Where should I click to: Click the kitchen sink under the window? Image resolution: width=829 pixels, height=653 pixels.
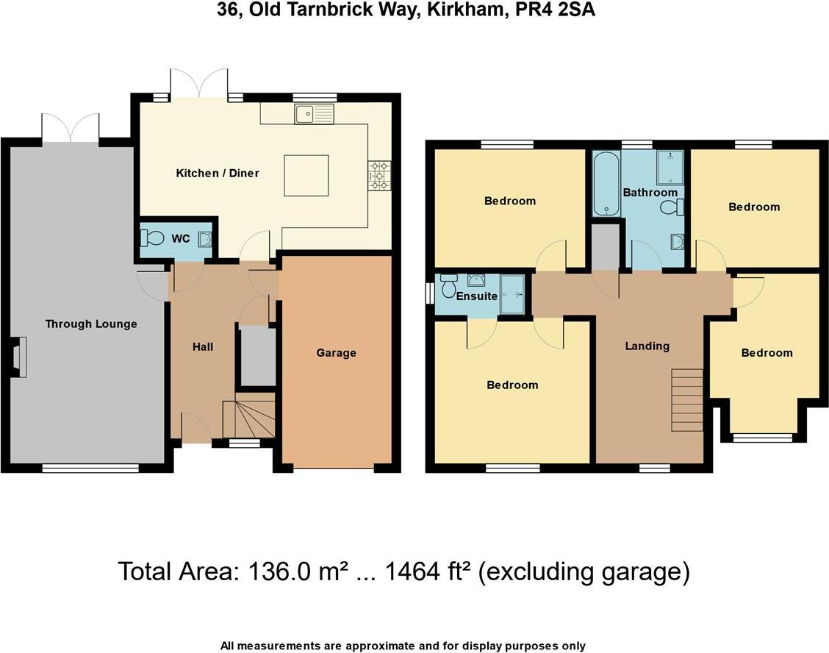314,114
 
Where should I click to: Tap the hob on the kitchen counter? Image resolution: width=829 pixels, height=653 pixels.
381,176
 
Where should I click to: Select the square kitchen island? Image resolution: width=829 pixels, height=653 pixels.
306,176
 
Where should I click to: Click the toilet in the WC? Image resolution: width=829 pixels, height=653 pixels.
154,238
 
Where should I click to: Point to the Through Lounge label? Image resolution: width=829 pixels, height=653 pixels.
91,324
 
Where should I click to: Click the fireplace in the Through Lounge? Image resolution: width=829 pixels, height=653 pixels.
18,357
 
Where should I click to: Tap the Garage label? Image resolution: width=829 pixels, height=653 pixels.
336,353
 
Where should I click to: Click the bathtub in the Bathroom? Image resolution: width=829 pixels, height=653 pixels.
606,184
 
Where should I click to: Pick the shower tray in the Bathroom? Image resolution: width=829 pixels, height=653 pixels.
670,167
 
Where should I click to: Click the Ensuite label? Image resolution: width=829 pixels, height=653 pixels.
476,296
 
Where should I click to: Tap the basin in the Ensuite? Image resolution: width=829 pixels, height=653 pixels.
476,279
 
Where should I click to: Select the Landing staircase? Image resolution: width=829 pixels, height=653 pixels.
687,400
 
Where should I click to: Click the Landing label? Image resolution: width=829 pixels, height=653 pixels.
647,346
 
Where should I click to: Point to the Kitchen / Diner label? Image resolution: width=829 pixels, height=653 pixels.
218,174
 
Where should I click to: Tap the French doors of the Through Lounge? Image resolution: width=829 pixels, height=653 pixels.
71,129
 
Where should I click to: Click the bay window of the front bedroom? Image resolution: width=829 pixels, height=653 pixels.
762,438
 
